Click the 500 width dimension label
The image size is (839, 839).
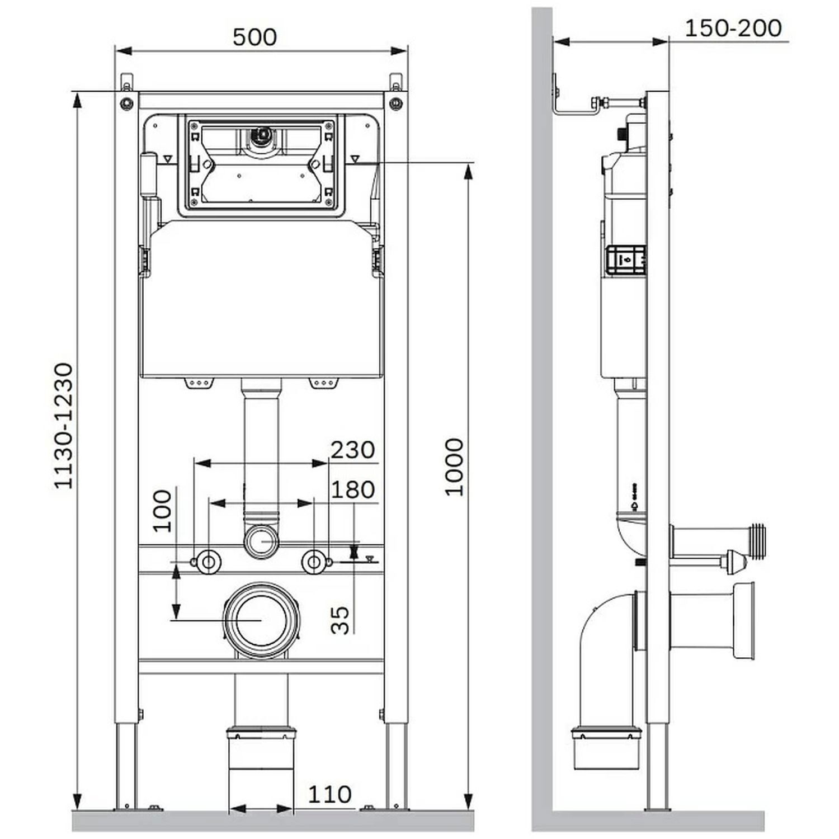coord(254,37)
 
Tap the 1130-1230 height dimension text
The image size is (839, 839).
coord(63,426)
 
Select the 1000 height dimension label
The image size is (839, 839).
coord(454,467)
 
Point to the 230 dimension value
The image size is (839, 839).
coord(352,450)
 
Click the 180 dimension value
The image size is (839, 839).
coord(352,490)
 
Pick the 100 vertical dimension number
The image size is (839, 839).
coord(162,511)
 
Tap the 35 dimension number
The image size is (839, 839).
coord(340,620)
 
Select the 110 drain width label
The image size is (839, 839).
coord(330,794)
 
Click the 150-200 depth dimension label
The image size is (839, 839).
coord(733,28)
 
